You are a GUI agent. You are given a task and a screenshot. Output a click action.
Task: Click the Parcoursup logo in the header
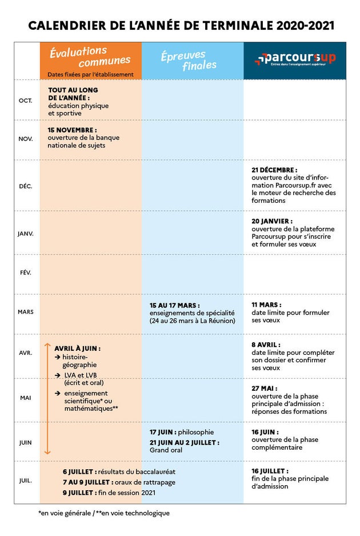coord(295,59)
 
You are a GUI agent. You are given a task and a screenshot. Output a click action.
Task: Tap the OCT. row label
coord(26,101)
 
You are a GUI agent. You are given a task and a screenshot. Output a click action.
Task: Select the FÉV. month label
coord(26,273)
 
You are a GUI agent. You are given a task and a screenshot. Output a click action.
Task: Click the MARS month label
coord(26,312)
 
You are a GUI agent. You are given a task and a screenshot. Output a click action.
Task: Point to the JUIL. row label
coord(26,481)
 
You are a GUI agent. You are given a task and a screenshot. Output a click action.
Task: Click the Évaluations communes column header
coord(90,57)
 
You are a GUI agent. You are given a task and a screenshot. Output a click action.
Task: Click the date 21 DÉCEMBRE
coord(274,170)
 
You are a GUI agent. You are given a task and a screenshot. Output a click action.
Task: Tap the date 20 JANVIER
coord(272,221)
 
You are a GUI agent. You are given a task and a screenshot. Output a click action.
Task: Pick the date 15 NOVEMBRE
coord(72,130)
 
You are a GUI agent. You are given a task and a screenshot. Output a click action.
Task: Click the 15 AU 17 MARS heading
coord(174,305)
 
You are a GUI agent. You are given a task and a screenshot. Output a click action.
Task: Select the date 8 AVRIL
coord(266,345)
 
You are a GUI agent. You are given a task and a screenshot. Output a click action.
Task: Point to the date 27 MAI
coord(265,389)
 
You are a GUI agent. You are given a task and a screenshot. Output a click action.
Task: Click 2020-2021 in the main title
coord(305,26)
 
